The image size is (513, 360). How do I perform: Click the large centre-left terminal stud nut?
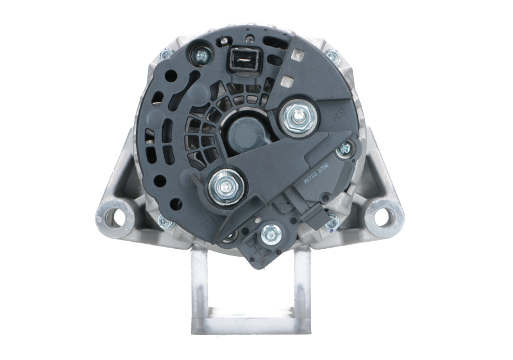point(224,187)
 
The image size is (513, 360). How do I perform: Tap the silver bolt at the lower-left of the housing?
point(165,222)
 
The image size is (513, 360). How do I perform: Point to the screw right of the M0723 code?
point(348,150)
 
